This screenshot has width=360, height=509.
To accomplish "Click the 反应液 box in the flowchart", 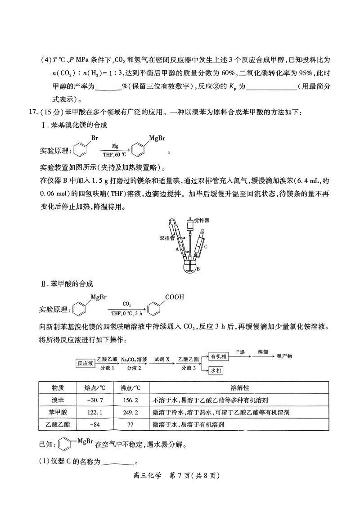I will pos(85,363).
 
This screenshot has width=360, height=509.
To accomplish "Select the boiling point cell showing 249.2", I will pos(130,412).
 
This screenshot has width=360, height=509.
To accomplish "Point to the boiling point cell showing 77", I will pos(130,424).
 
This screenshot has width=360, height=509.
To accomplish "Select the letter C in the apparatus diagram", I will pos(206,247).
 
